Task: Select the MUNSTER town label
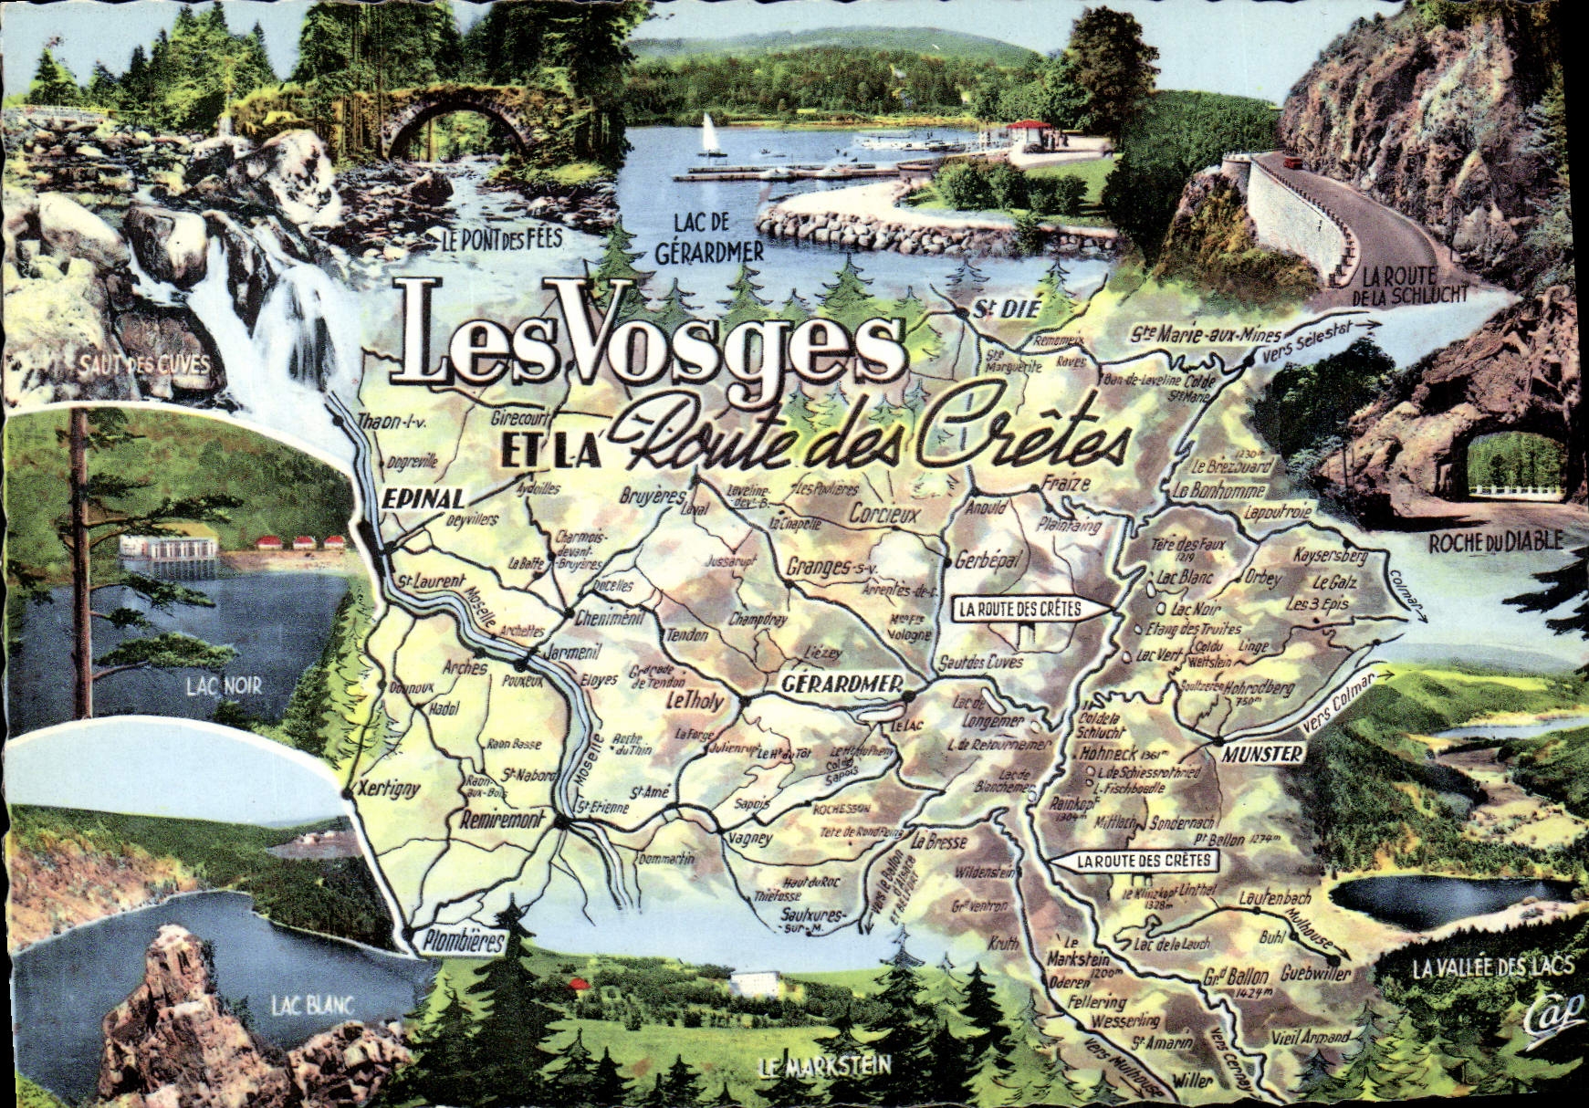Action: pos(1262,754)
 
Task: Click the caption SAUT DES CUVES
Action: pos(142,365)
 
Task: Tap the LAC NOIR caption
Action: pos(224,685)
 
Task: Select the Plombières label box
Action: pos(464,941)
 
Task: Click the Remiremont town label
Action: pos(501,820)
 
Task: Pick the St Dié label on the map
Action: pos(1006,309)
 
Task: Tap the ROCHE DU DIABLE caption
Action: pos(1495,542)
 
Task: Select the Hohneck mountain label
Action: pos(1107,755)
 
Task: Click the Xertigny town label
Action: pos(390,788)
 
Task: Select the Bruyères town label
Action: pos(652,497)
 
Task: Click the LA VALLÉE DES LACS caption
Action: pos(1493,967)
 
